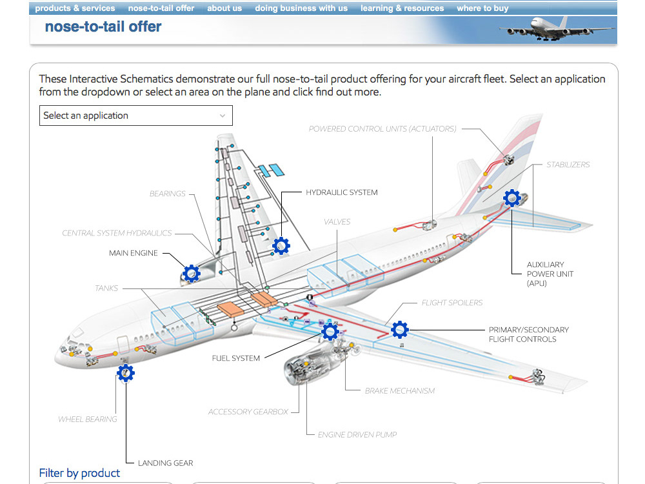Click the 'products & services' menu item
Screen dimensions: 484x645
75,8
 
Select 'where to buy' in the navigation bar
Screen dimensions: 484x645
482,8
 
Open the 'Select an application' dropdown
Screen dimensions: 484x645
135,116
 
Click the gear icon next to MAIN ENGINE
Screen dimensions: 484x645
191,274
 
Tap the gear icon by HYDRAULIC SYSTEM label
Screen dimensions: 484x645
281,246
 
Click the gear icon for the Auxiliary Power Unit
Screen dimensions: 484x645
512,198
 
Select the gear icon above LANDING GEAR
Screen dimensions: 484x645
126,372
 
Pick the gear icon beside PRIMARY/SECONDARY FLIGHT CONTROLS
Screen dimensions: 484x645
400,330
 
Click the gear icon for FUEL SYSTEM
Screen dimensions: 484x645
330,332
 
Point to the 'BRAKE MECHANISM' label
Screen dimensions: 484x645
399,390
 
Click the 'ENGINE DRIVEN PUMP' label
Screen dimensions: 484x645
357,434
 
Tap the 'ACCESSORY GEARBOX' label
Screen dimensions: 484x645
248,412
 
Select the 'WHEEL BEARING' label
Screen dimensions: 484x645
88,419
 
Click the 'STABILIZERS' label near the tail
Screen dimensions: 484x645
568,165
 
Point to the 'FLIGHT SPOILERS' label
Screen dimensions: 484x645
452,303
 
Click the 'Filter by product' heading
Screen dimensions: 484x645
79,473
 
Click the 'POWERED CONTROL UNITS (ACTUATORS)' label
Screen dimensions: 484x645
382,129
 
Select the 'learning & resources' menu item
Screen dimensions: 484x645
402,8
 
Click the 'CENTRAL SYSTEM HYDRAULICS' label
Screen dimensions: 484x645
117,233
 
